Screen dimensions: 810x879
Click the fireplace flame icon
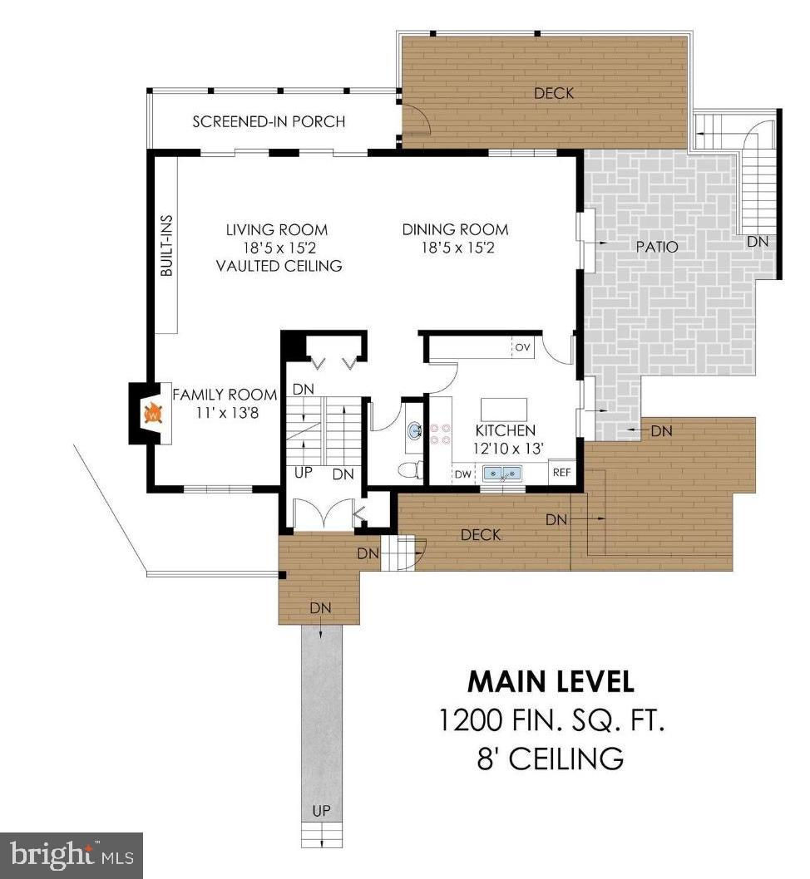[x=153, y=414]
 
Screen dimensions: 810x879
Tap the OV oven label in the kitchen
[x=522, y=347]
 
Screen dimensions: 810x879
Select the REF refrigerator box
[x=561, y=473]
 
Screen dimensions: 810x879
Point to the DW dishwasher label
[x=462, y=474]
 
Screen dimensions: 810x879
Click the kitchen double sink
[x=502, y=474]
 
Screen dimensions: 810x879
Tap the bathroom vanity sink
[x=414, y=431]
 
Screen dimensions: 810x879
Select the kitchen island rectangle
[x=504, y=410]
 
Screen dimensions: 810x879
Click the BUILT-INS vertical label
[x=166, y=246]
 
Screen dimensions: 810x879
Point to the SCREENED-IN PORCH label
[x=269, y=121]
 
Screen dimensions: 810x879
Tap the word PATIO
[x=657, y=247]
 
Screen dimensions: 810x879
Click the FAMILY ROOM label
[x=225, y=395]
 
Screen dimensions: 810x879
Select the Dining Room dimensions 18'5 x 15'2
[x=457, y=248]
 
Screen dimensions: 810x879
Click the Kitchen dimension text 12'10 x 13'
[x=508, y=449]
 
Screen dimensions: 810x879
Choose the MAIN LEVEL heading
[x=551, y=681]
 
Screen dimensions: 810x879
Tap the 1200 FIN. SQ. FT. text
[x=551, y=720]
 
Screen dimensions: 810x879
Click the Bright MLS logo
[x=72, y=856]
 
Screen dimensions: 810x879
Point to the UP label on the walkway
[x=321, y=811]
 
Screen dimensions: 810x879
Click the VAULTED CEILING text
[x=279, y=266]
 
